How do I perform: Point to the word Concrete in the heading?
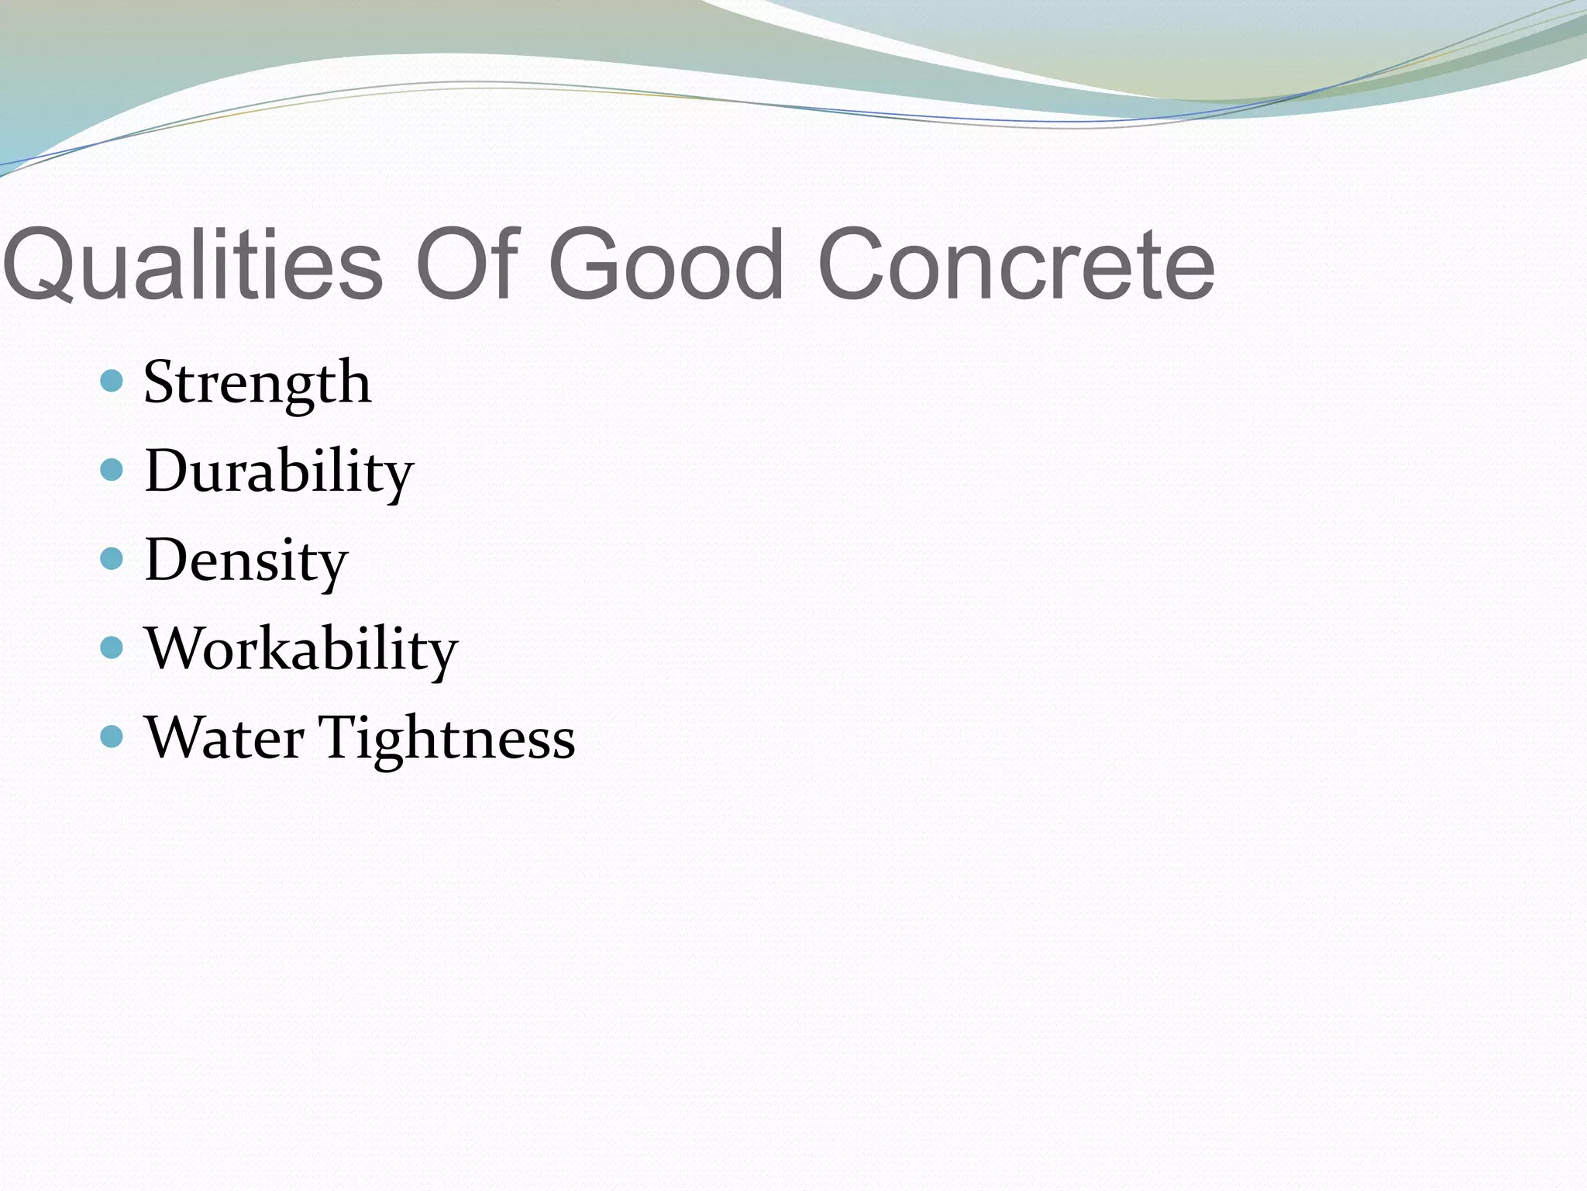(1015, 265)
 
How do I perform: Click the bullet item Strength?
(257, 383)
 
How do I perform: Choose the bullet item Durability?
(279, 471)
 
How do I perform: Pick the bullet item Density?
(246, 561)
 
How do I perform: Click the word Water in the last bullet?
(224, 737)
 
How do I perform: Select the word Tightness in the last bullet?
(447, 739)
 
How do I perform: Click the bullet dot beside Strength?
(112, 381)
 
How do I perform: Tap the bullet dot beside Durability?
(112, 470)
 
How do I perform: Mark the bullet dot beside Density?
(112, 558)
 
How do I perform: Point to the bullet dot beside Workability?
(112, 647)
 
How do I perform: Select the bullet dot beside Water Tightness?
(112, 737)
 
